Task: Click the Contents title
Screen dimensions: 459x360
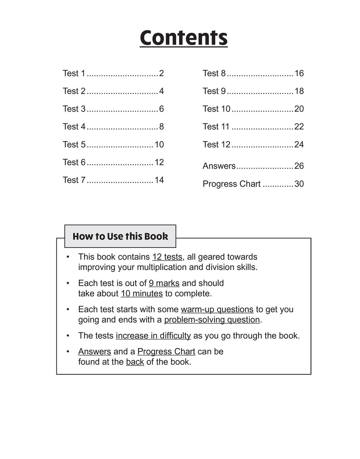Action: (x=183, y=38)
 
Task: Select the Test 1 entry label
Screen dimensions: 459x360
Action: (x=74, y=73)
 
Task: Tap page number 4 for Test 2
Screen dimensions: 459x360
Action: (x=161, y=91)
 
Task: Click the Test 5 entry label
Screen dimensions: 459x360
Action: (x=74, y=144)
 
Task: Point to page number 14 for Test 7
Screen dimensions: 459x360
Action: (x=159, y=180)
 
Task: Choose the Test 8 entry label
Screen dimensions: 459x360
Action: (x=214, y=73)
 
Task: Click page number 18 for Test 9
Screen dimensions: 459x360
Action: (x=299, y=91)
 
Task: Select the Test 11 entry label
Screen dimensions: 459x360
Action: (x=216, y=127)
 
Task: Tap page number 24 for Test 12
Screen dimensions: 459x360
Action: (x=299, y=144)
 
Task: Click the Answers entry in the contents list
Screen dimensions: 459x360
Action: (x=219, y=166)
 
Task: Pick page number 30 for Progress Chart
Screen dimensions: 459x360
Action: (x=299, y=184)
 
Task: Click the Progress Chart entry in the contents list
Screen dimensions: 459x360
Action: (x=231, y=184)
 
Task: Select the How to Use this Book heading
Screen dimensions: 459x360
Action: (x=120, y=236)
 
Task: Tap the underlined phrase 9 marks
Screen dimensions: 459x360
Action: (x=164, y=283)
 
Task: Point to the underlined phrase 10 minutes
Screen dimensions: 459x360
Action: (x=142, y=294)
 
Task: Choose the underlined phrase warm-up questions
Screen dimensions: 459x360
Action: (x=217, y=309)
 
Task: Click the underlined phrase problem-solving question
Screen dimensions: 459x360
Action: (x=212, y=320)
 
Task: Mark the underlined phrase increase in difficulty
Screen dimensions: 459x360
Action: (x=153, y=336)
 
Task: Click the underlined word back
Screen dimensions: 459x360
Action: (x=135, y=362)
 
